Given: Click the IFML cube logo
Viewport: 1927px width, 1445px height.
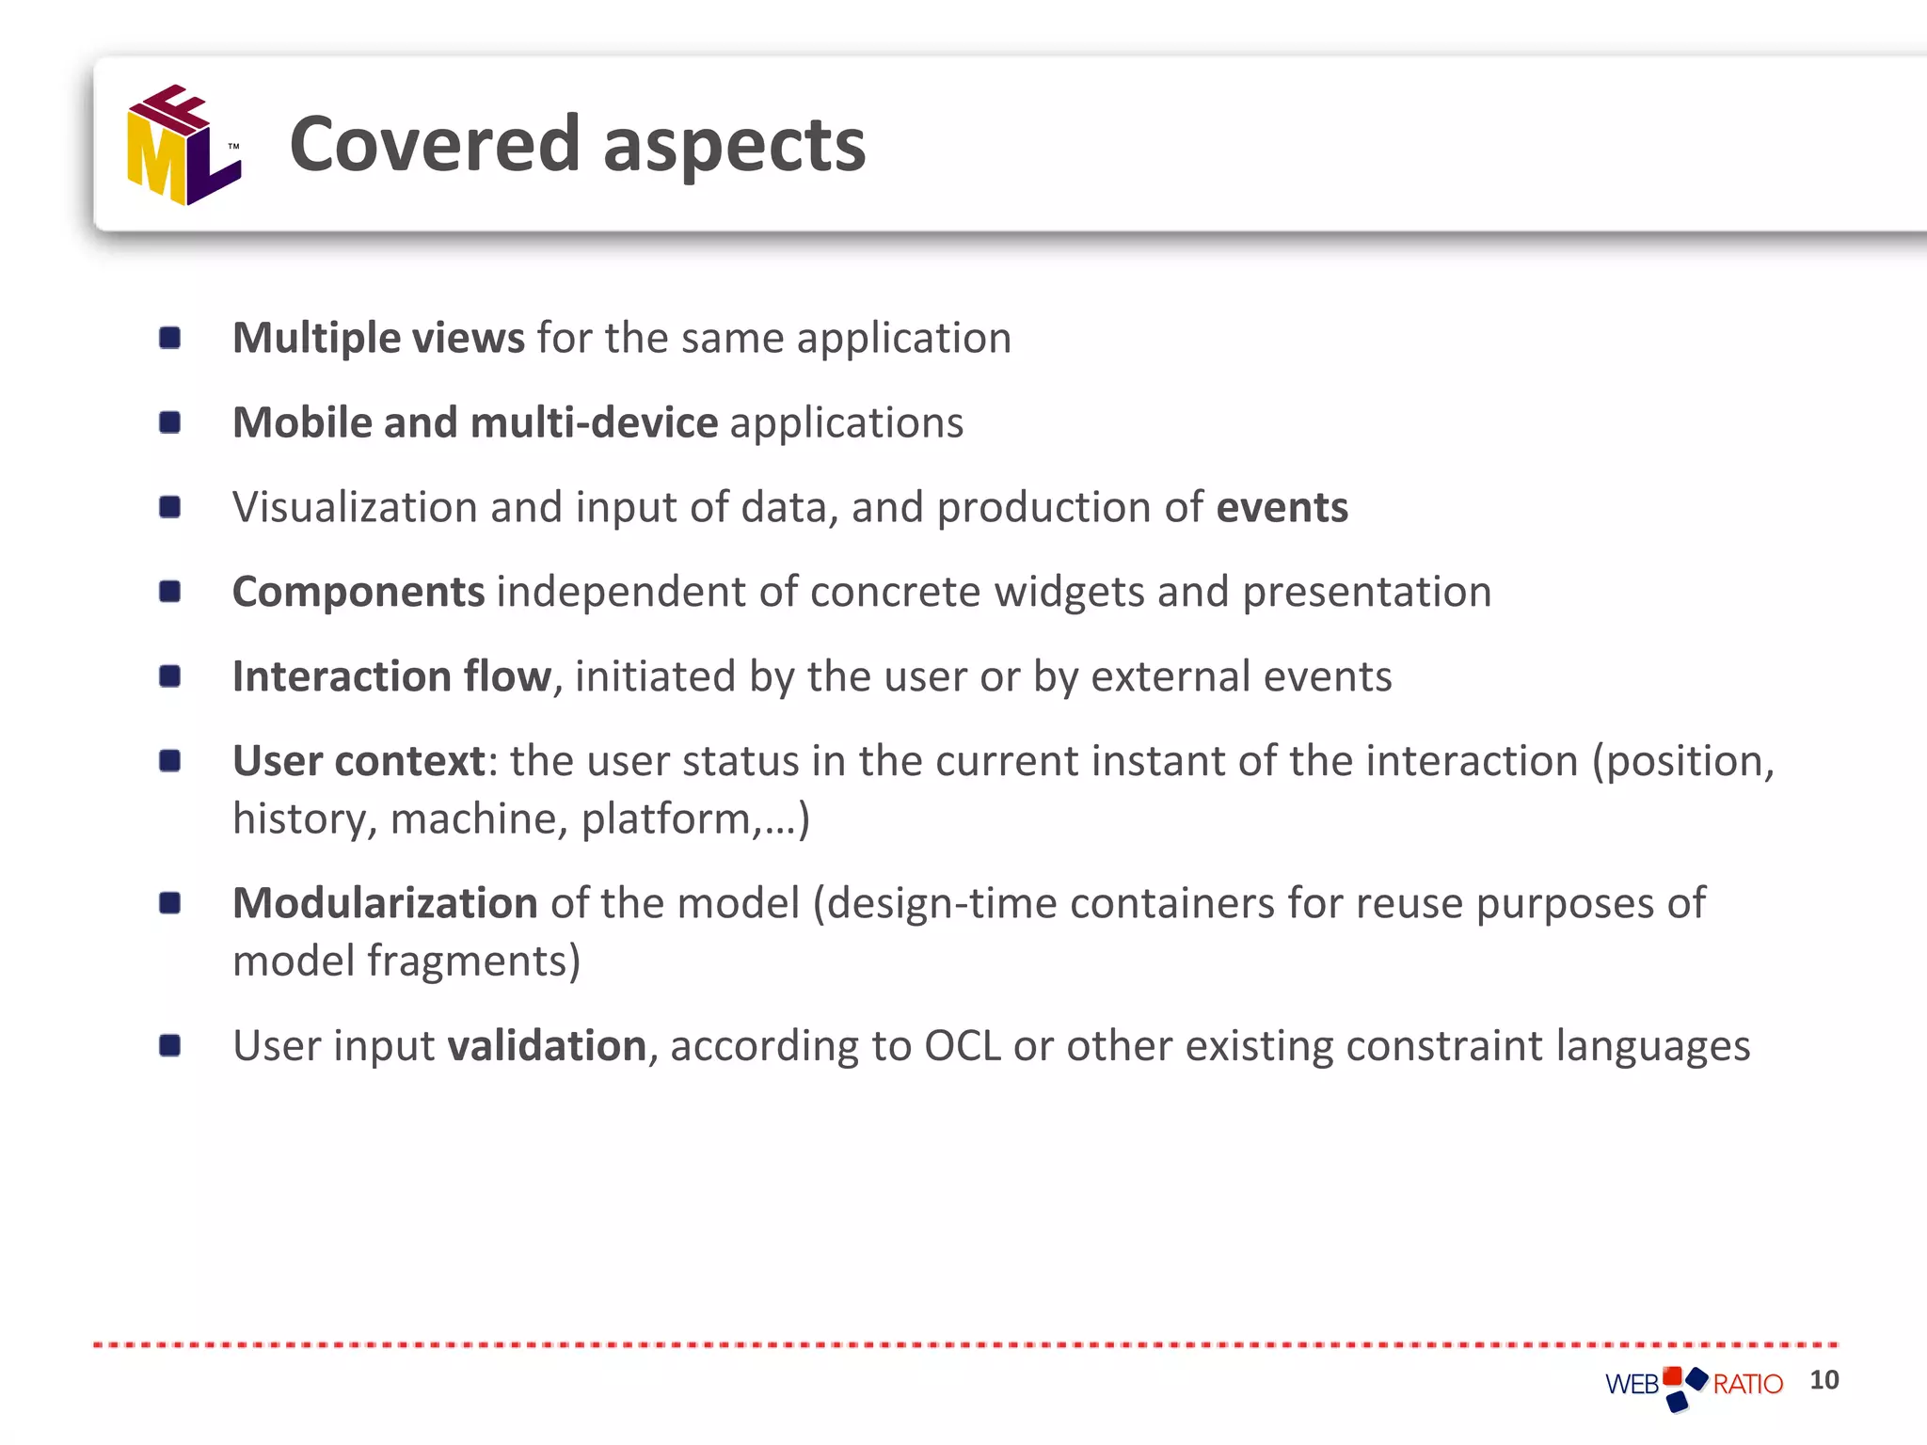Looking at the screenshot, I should point(184,146).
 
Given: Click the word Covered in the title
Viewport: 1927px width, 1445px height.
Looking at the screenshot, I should point(434,144).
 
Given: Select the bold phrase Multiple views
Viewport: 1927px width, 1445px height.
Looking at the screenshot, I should point(378,338).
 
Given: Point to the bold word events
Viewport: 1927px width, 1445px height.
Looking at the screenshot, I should point(1282,508).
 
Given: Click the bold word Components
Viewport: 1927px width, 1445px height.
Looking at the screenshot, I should point(358,593).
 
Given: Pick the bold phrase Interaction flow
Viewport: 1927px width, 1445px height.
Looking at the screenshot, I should point(391,676).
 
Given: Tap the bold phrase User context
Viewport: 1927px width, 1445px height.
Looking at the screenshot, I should point(358,761).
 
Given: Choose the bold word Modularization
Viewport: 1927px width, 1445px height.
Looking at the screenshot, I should point(385,903).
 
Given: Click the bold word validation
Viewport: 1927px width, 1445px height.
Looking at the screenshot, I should point(547,1046).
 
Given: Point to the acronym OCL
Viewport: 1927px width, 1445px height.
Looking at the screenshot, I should point(962,1046).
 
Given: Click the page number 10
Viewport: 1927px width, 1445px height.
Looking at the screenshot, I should point(1823,1380).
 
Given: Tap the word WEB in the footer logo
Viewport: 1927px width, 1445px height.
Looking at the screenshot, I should point(1632,1385).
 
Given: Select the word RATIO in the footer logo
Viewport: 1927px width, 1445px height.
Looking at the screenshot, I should point(1747,1385).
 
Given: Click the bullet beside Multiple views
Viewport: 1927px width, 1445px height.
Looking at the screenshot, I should point(170,338).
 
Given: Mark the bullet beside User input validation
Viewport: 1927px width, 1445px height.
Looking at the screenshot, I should point(170,1045).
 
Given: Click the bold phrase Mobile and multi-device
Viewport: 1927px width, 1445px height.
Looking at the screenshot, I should point(475,423).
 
